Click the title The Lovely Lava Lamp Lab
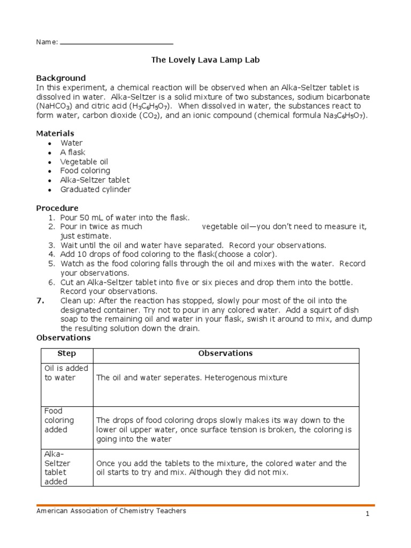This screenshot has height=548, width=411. click(x=205, y=60)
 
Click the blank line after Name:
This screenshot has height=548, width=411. click(x=117, y=42)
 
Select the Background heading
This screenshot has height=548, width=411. click(x=60, y=78)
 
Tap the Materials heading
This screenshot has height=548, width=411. click(x=55, y=133)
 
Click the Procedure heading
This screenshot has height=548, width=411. click(x=57, y=208)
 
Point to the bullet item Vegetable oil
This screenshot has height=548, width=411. click(x=85, y=162)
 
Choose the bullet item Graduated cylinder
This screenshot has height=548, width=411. click(x=95, y=189)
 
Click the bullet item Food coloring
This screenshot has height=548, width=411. click(x=85, y=171)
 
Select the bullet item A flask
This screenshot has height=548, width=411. click(x=73, y=153)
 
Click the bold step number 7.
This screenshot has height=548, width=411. click(x=40, y=301)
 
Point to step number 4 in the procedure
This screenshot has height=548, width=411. click(x=52, y=254)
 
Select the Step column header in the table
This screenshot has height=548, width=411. click(x=66, y=354)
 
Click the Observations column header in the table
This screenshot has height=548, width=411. click(x=225, y=354)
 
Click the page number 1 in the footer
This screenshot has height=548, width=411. click(x=368, y=514)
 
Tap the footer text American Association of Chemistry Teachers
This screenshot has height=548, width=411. click(x=111, y=511)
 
